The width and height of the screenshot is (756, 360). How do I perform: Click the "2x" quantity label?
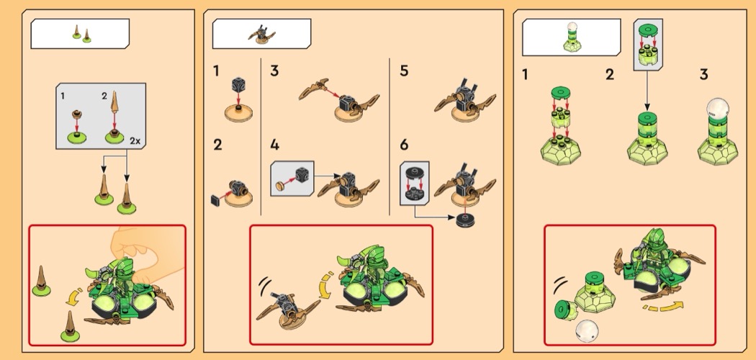point(135,141)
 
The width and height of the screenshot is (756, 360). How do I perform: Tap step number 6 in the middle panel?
point(404,145)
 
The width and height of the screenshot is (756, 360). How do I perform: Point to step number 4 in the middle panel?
point(274,145)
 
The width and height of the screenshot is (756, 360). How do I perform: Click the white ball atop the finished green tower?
point(714,109)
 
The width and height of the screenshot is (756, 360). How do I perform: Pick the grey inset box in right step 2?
point(646,45)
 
